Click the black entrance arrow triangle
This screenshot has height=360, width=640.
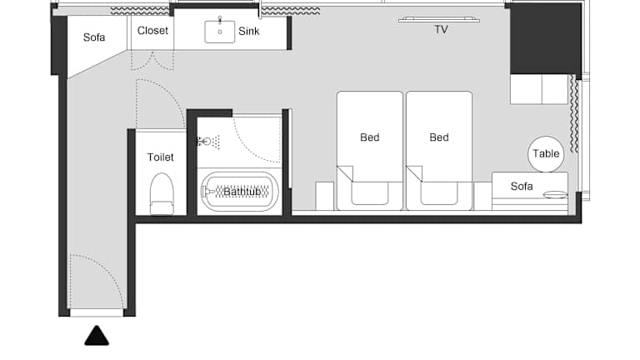click(97, 336)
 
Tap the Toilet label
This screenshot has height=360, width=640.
click(160, 157)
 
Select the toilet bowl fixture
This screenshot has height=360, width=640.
click(162, 193)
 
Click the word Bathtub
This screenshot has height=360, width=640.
click(242, 192)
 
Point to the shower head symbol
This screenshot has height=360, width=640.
click(208, 142)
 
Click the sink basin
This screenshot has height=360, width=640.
click(220, 32)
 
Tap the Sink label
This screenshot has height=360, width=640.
click(249, 32)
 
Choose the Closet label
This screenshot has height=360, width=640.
click(152, 31)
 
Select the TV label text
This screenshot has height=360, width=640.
click(441, 29)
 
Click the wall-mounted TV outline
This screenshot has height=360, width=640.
click(439, 19)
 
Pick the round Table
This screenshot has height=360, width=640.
click(546, 154)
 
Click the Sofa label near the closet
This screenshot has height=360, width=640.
click(94, 37)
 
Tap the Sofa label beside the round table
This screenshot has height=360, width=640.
click(522, 186)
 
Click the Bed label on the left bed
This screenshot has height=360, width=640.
click(370, 137)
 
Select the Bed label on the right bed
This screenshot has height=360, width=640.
click(439, 137)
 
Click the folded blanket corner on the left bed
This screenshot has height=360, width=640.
click(345, 173)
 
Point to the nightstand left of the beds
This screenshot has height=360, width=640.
click(325, 197)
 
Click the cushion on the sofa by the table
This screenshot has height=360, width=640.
click(555, 195)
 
